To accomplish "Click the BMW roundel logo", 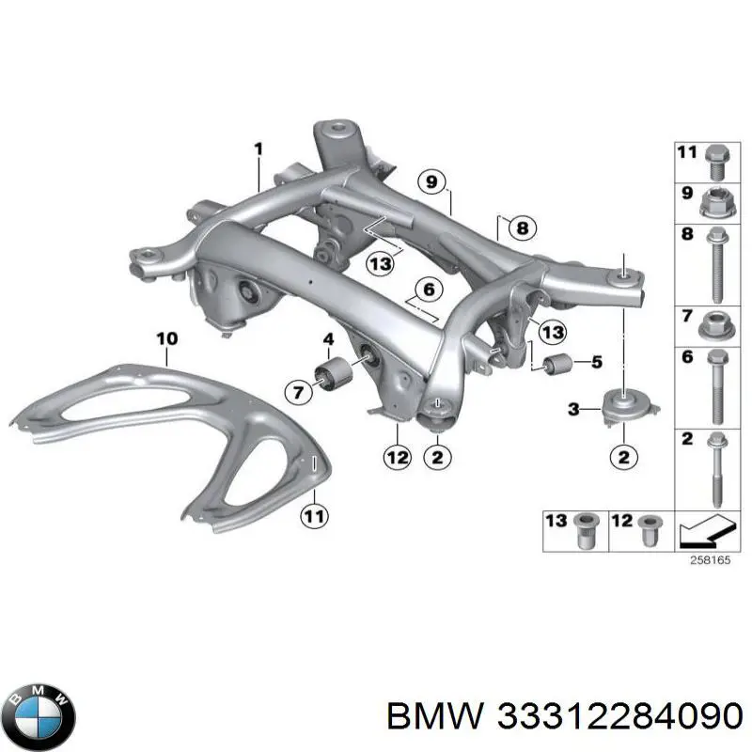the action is pyautogui.click(x=42, y=716).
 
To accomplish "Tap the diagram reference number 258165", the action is pyautogui.click(x=710, y=559).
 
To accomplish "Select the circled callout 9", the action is pyautogui.click(x=431, y=182).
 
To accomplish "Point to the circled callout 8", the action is pyautogui.click(x=523, y=227).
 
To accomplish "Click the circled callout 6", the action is pyautogui.click(x=429, y=290).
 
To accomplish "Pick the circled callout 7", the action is pyautogui.click(x=298, y=393).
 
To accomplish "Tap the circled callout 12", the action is pyautogui.click(x=398, y=457).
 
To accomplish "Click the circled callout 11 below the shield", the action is pyautogui.click(x=314, y=516).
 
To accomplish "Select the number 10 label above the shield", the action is pyautogui.click(x=167, y=339).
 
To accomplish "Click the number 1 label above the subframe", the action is pyautogui.click(x=258, y=149).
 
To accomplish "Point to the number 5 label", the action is pyautogui.click(x=597, y=362).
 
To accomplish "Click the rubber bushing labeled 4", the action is pyautogui.click(x=334, y=373).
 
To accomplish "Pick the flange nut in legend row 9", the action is pyautogui.click(x=718, y=204).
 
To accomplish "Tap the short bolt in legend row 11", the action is pyautogui.click(x=717, y=162).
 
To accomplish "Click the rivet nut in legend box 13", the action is pyautogui.click(x=584, y=531).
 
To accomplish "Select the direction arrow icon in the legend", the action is pyautogui.click(x=706, y=531).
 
